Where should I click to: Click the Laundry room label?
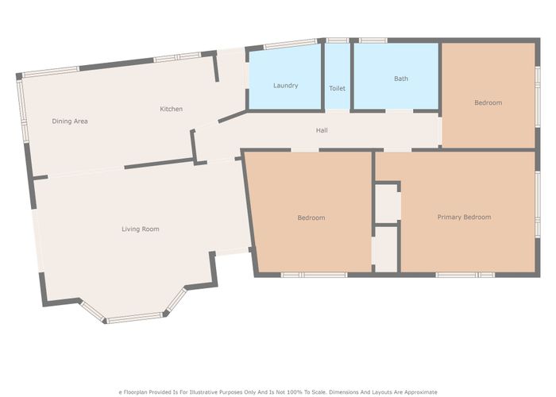tap(285, 85)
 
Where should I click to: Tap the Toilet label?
tap(338, 87)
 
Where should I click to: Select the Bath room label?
tap(401, 79)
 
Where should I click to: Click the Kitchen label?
tap(172, 109)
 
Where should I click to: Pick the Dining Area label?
tap(70, 121)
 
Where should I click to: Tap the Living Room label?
tap(141, 229)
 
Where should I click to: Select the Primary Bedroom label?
tap(464, 217)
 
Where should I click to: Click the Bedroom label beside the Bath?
tap(488, 102)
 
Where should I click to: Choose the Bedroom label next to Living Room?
tap(311, 218)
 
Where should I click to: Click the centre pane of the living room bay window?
tap(134, 318)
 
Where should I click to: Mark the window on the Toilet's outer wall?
tap(338, 40)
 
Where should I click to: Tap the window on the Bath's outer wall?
tap(373, 40)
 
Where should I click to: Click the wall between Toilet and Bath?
tap(351, 76)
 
